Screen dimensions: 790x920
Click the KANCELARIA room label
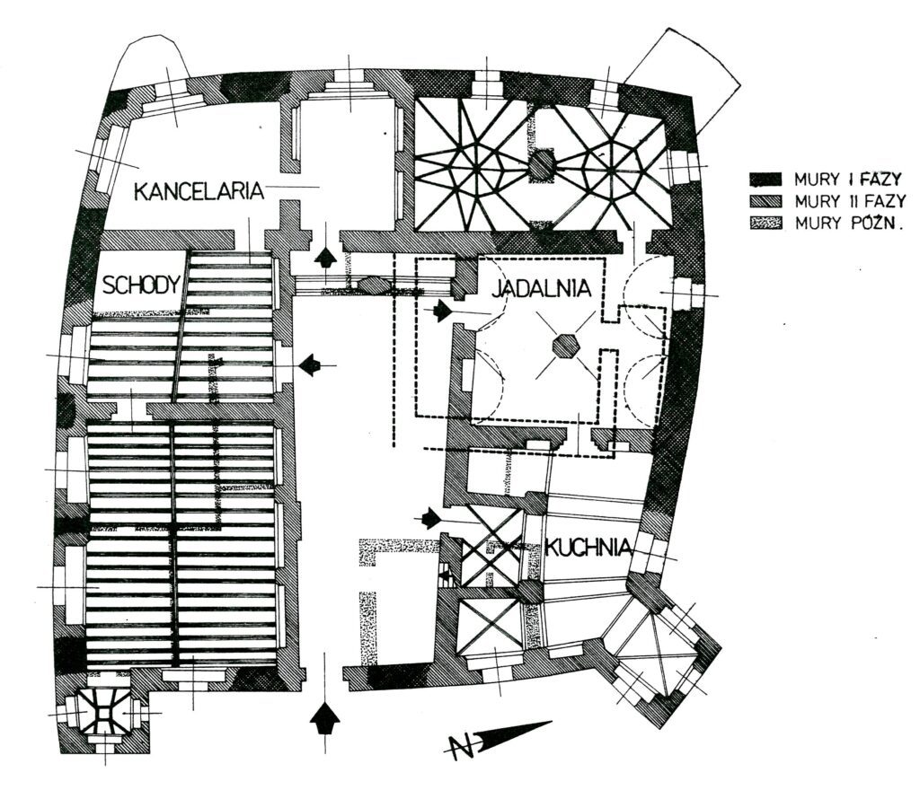199,190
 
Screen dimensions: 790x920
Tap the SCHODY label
142,285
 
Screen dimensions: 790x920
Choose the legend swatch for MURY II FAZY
765,201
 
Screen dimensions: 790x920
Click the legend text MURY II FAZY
850,201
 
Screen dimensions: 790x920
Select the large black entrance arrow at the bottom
325,718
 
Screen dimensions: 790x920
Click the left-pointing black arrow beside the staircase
310,365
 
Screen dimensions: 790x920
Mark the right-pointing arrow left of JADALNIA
441,312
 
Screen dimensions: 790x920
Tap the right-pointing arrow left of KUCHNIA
431,519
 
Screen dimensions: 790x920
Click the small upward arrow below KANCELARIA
325,257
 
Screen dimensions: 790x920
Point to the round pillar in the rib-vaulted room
542,165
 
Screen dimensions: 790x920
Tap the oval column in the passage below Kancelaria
376,285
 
